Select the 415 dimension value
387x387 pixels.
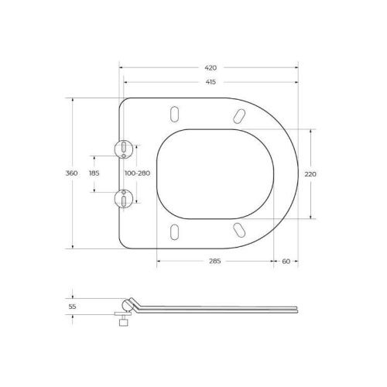tap(210, 82)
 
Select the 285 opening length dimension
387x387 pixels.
tap(215, 262)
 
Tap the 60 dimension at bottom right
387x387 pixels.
tap(286, 262)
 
